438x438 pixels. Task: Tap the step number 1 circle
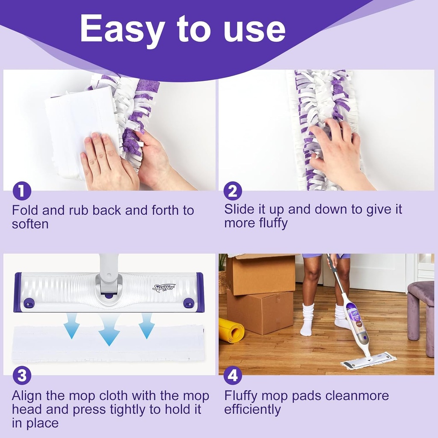click(21, 191)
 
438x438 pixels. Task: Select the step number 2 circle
click(232, 191)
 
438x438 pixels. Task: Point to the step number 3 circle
click(21, 376)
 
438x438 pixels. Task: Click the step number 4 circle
click(232, 376)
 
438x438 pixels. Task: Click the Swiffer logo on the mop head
click(164, 287)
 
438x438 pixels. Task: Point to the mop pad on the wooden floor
click(368, 361)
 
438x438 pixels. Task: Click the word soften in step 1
click(30, 224)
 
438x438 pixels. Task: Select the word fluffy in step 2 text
click(273, 223)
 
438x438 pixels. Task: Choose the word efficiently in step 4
click(252, 409)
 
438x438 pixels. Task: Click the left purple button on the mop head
click(29, 302)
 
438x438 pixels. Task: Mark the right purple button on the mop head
click(189, 302)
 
